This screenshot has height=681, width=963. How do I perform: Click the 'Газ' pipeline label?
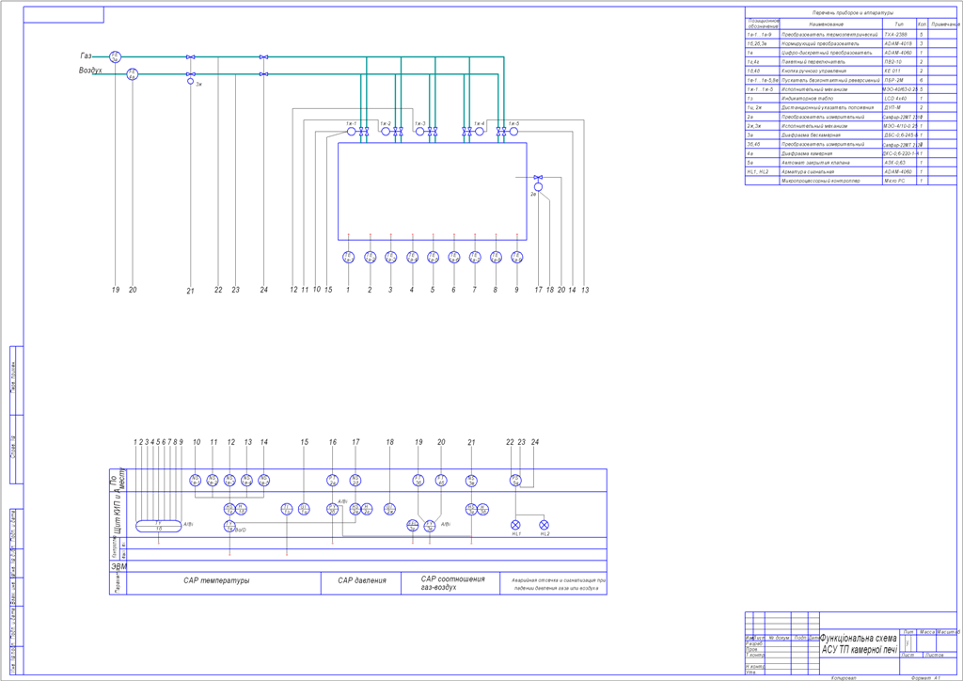click(87, 57)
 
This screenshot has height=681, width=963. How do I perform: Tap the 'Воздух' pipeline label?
click(89, 71)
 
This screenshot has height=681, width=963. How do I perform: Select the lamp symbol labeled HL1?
click(515, 524)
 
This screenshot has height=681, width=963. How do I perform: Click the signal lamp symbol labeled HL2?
click(544, 524)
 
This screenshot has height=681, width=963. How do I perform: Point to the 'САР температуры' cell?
click(216, 581)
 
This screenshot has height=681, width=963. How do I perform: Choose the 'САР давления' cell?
click(361, 581)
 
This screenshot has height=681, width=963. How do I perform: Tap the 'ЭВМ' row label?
click(119, 567)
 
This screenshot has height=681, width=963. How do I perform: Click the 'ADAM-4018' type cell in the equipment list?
click(898, 43)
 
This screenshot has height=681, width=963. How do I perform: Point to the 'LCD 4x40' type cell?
click(895, 98)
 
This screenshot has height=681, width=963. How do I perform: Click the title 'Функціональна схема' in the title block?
click(858, 638)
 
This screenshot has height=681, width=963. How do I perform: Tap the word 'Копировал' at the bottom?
click(844, 676)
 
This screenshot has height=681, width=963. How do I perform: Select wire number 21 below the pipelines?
click(190, 290)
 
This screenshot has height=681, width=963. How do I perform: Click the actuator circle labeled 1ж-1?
click(351, 132)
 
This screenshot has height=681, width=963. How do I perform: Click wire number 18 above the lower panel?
click(389, 442)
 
